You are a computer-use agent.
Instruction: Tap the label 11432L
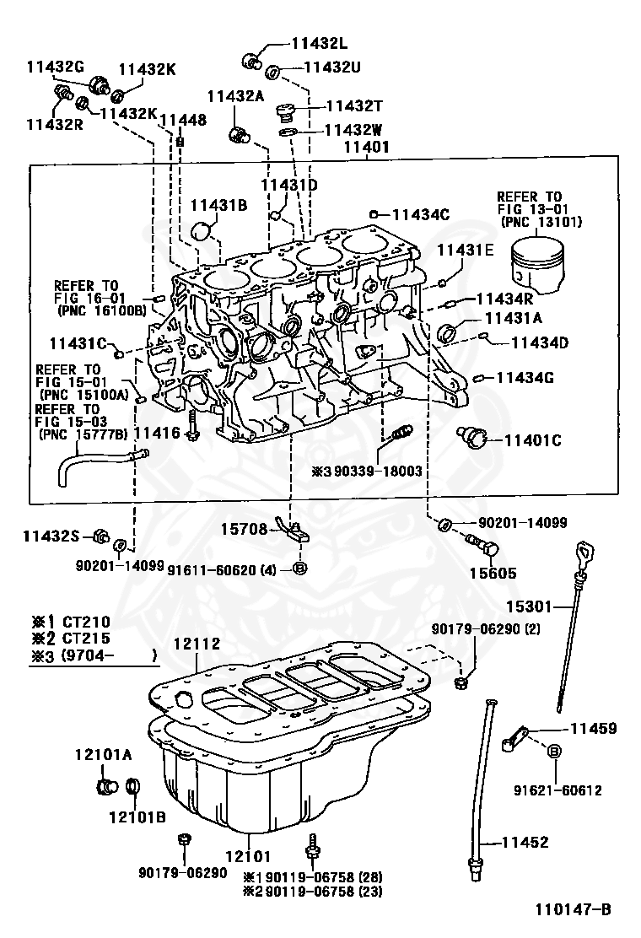point(320,42)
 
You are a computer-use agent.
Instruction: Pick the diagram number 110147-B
point(572,909)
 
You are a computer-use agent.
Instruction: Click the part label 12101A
point(103,753)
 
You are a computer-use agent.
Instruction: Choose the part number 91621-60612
point(558,790)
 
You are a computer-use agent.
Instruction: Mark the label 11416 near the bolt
point(157,433)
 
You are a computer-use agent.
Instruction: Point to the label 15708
point(245,530)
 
